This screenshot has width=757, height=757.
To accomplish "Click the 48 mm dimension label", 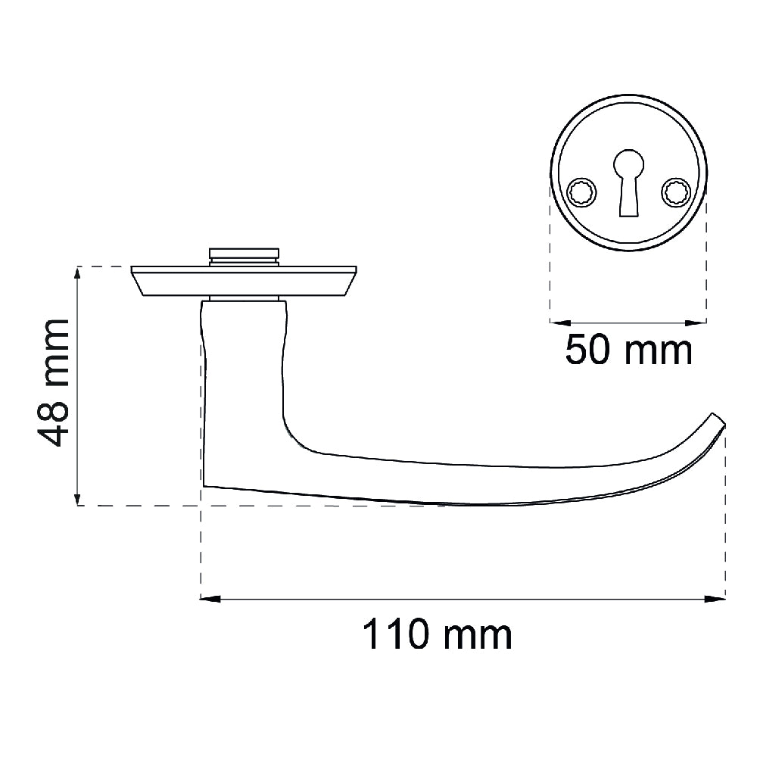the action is click(54, 382).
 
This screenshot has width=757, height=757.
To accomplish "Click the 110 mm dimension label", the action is click(437, 634).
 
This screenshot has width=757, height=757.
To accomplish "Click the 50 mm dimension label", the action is click(628, 350).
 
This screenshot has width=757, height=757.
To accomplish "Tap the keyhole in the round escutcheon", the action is click(628, 182).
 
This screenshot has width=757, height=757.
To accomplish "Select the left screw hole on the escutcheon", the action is click(581, 192).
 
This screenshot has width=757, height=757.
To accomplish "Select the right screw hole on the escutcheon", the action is click(675, 192).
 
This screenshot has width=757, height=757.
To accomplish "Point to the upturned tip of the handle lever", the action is click(718, 420).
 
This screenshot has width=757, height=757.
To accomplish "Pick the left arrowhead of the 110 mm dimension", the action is click(210, 599).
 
